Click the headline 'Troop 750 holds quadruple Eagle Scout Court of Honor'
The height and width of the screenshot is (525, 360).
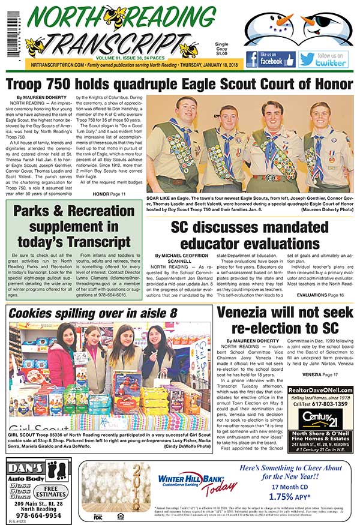click(179, 84)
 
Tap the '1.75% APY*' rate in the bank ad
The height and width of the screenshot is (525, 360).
click(289, 497)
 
